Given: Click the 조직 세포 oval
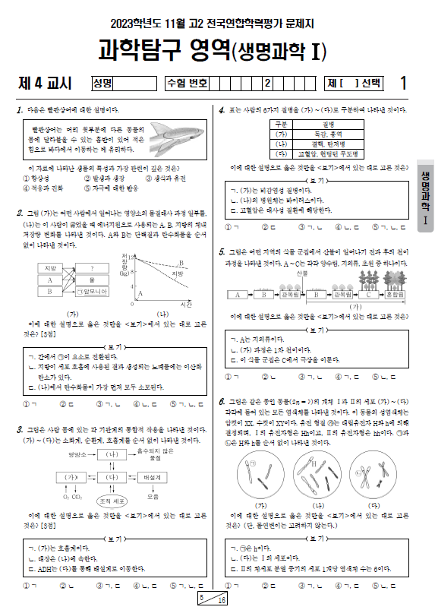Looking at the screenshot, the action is click(113, 501).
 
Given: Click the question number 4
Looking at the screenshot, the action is click(221, 110).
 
